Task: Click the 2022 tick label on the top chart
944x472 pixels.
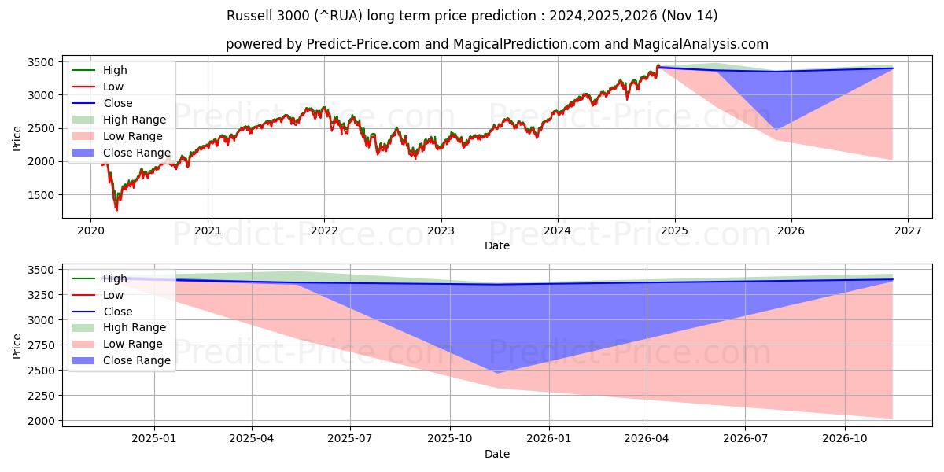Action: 324,231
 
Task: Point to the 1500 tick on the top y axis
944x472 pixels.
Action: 41,195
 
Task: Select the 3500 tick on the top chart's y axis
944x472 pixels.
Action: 41,62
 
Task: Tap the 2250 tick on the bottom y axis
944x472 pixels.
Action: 41,396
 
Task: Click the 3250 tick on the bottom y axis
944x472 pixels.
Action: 41,295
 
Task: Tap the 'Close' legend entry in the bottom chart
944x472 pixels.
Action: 117,312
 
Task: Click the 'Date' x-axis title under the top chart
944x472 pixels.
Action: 496,245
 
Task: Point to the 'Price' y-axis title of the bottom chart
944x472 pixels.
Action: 17,345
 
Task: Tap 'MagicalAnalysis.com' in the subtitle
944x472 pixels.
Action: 704,44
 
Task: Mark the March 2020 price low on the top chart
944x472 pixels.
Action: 116,209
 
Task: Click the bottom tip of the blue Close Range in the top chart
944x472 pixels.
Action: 776,130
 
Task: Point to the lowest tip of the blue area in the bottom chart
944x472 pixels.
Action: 496,373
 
